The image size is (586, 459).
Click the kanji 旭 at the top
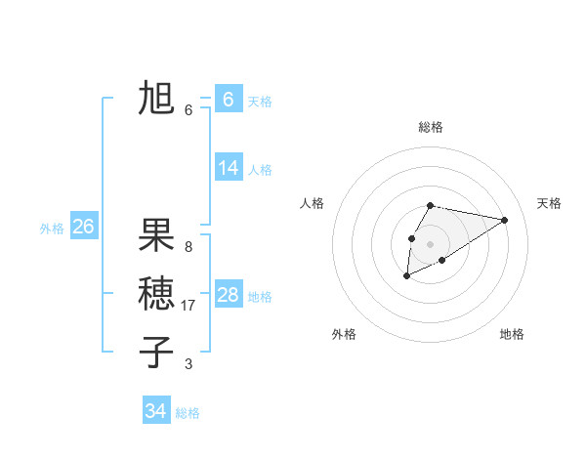pyautogui.click(x=156, y=98)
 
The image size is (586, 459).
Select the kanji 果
pyautogui.click(x=156, y=235)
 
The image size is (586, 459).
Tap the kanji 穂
pyautogui.click(x=156, y=293)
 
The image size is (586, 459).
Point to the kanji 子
pyautogui.click(x=156, y=351)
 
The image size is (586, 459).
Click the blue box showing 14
pyautogui.click(x=229, y=168)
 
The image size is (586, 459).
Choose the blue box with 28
pyautogui.click(x=229, y=295)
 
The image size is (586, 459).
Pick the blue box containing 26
pyautogui.click(x=83, y=227)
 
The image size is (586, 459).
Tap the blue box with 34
pyautogui.click(x=156, y=410)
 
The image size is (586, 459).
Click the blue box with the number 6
pyautogui.click(x=229, y=100)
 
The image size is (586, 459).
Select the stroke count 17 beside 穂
pyautogui.click(x=189, y=306)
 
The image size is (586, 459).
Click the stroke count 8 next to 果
pyautogui.click(x=188, y=247)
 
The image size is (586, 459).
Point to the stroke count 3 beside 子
pyautogui.click(x=188, y=364)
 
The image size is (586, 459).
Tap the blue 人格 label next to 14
pyautogui.click(x=260, y=170)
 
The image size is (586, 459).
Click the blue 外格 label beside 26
pyautogui.click(x=52, y=229)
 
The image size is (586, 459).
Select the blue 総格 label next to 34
pyautogui.click(x=188, y=413)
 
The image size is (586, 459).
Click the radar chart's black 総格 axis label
pyautogui.click(x=431, y=127)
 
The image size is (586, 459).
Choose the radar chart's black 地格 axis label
pyautogui.click(x=512, y=334)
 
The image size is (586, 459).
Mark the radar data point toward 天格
pyautogui.click(x=505, y=219)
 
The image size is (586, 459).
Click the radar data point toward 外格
pyautogui.click(x=406, y=276)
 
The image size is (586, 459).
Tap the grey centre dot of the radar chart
pyautogui.click(x=431, y=244)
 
